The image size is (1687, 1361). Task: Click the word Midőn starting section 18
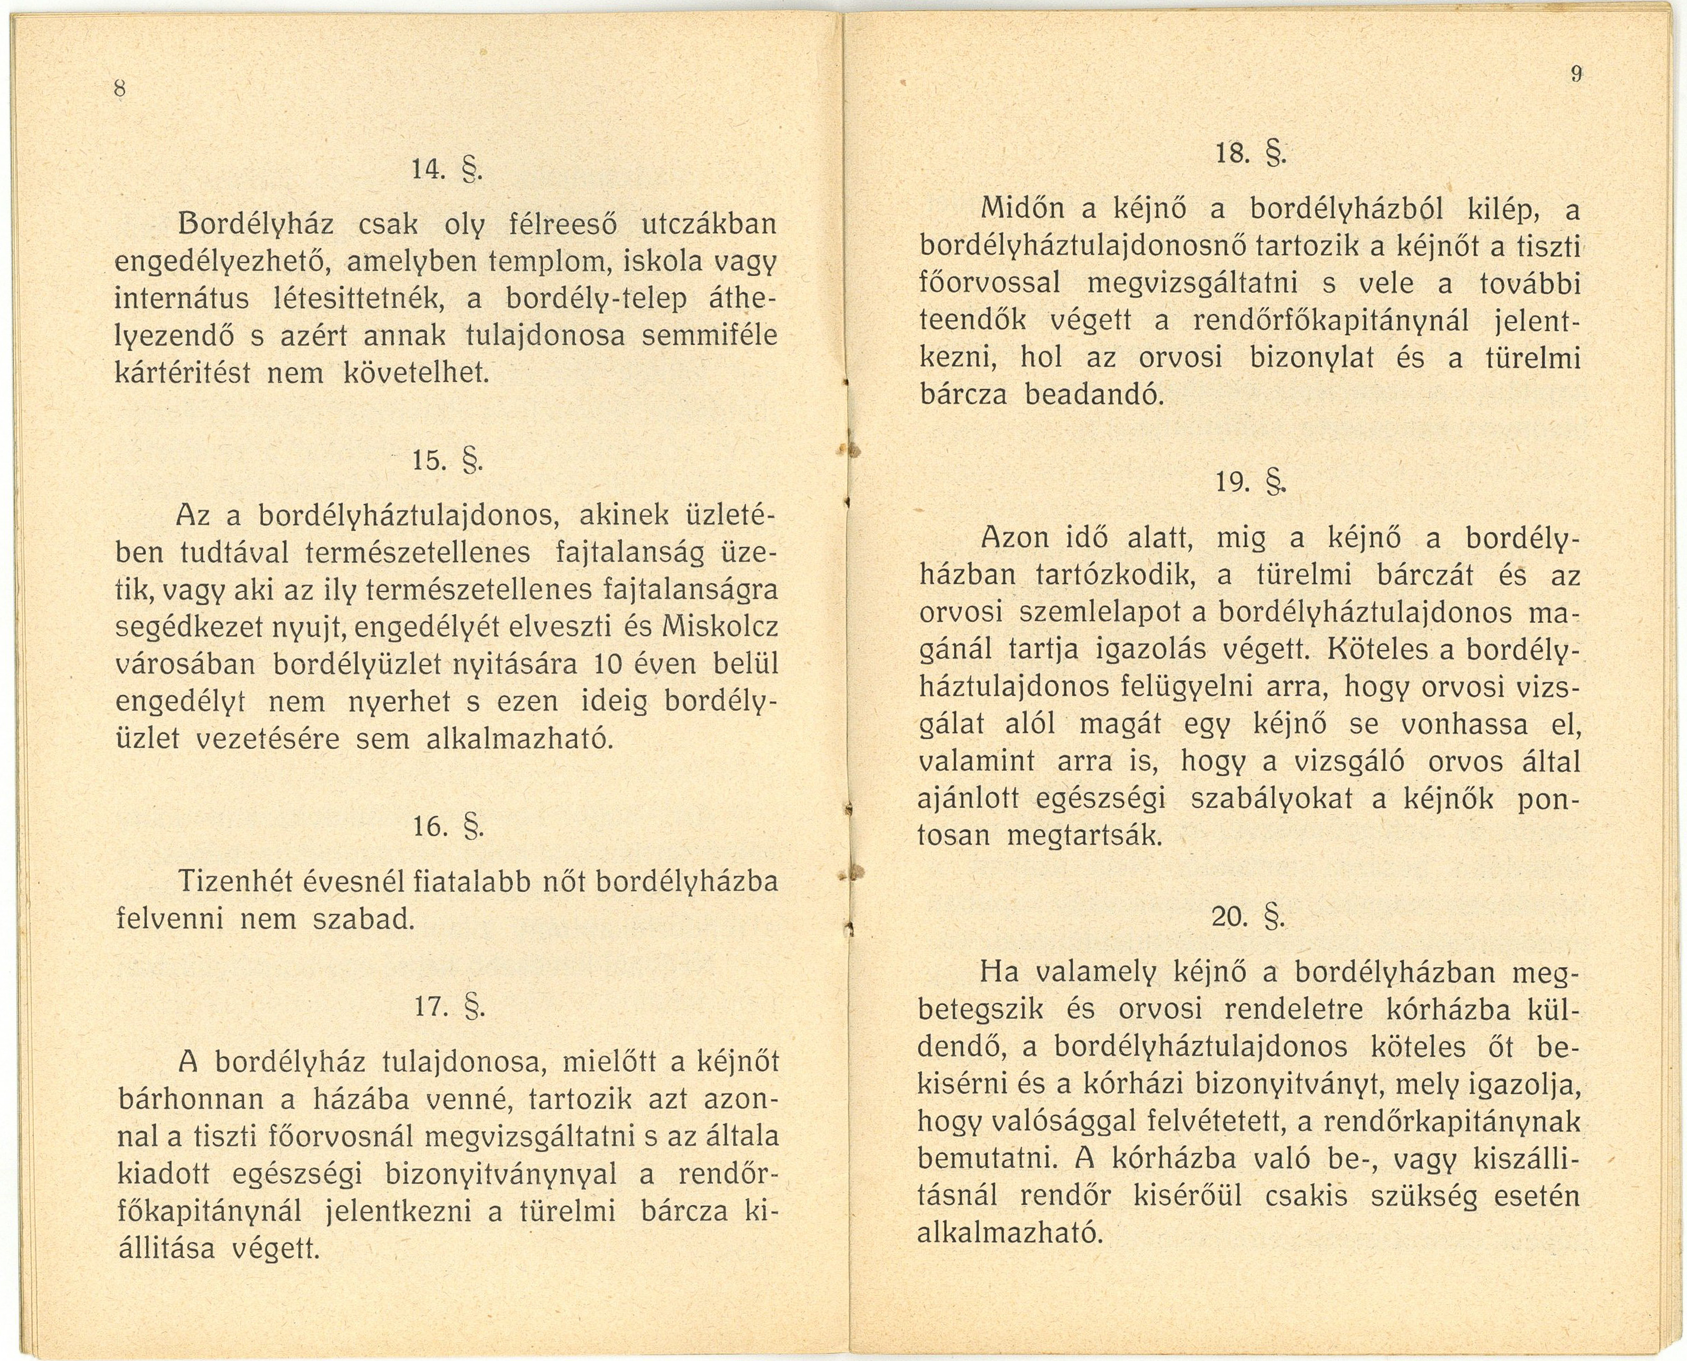[1023, 211]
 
